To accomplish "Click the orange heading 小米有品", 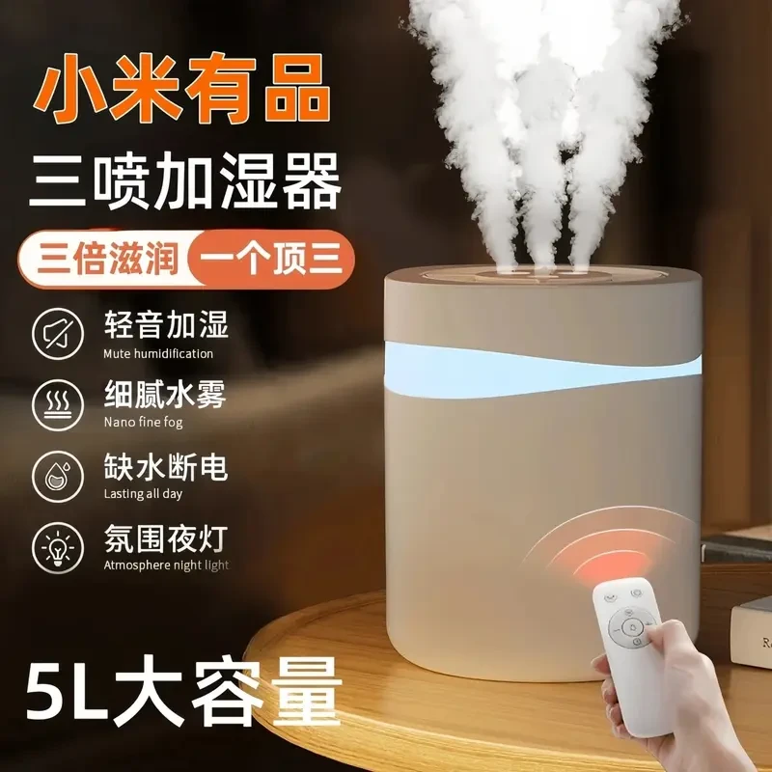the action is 181,88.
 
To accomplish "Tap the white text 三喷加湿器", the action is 185,180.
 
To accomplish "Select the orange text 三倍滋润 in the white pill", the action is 107,259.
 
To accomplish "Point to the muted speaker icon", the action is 58,334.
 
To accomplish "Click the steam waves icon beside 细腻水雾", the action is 58,405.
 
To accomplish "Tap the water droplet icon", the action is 58,477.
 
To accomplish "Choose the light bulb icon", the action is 58,548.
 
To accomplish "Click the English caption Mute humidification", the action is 158,353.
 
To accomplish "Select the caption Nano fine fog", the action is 143,423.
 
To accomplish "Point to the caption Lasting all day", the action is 143,494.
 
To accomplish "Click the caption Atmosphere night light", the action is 166,565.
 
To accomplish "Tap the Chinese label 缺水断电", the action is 166,467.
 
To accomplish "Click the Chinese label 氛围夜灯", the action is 166,538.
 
